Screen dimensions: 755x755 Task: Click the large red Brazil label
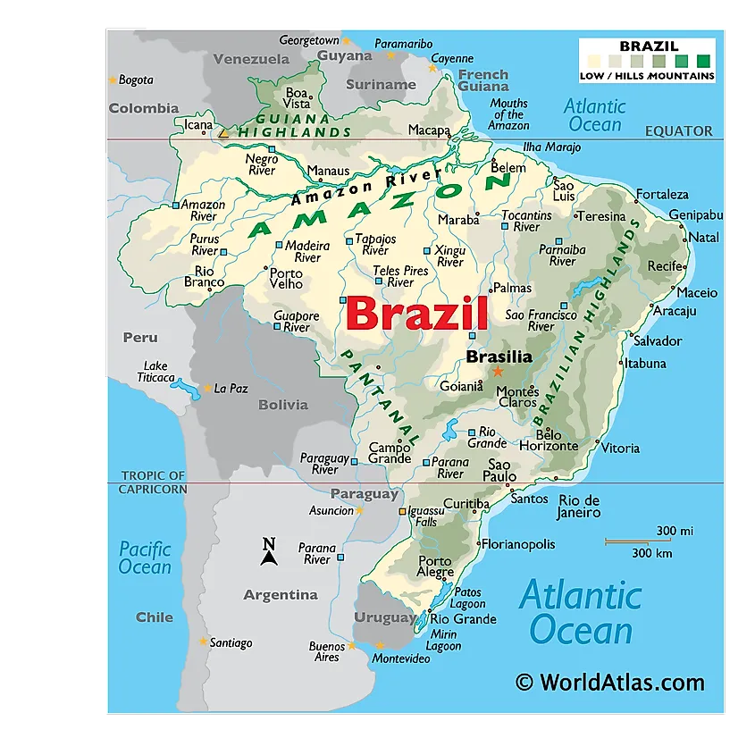click(x=416, y=314)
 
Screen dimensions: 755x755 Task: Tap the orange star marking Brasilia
click(x=498, y=372)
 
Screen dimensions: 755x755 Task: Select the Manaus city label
click(x=328, y=171)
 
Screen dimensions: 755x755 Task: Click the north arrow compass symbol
click(x=268, y=552)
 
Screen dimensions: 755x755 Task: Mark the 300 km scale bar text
click(x=651, y=553)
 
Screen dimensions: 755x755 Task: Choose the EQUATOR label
click(x=679, y=131)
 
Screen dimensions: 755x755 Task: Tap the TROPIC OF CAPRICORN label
click(x=154, y=482)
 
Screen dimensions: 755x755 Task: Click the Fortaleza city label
click(x=662, y=195)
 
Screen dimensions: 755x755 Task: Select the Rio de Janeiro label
click(x=579, y=507)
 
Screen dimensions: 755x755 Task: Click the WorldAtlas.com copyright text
click(x=609, y=683)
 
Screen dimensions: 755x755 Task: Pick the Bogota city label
click(x=136, y=80)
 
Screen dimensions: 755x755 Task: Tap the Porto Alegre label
click(x=435, y=566)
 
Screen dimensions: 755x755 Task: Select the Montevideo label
click(x=400, y=659)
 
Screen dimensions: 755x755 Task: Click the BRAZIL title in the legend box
click(x=649, y=46)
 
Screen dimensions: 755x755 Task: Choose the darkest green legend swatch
click(x=703, y=62)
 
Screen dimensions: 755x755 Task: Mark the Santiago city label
click(x=231, y=642)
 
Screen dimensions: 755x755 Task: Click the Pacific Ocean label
click(x=145, y=558)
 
